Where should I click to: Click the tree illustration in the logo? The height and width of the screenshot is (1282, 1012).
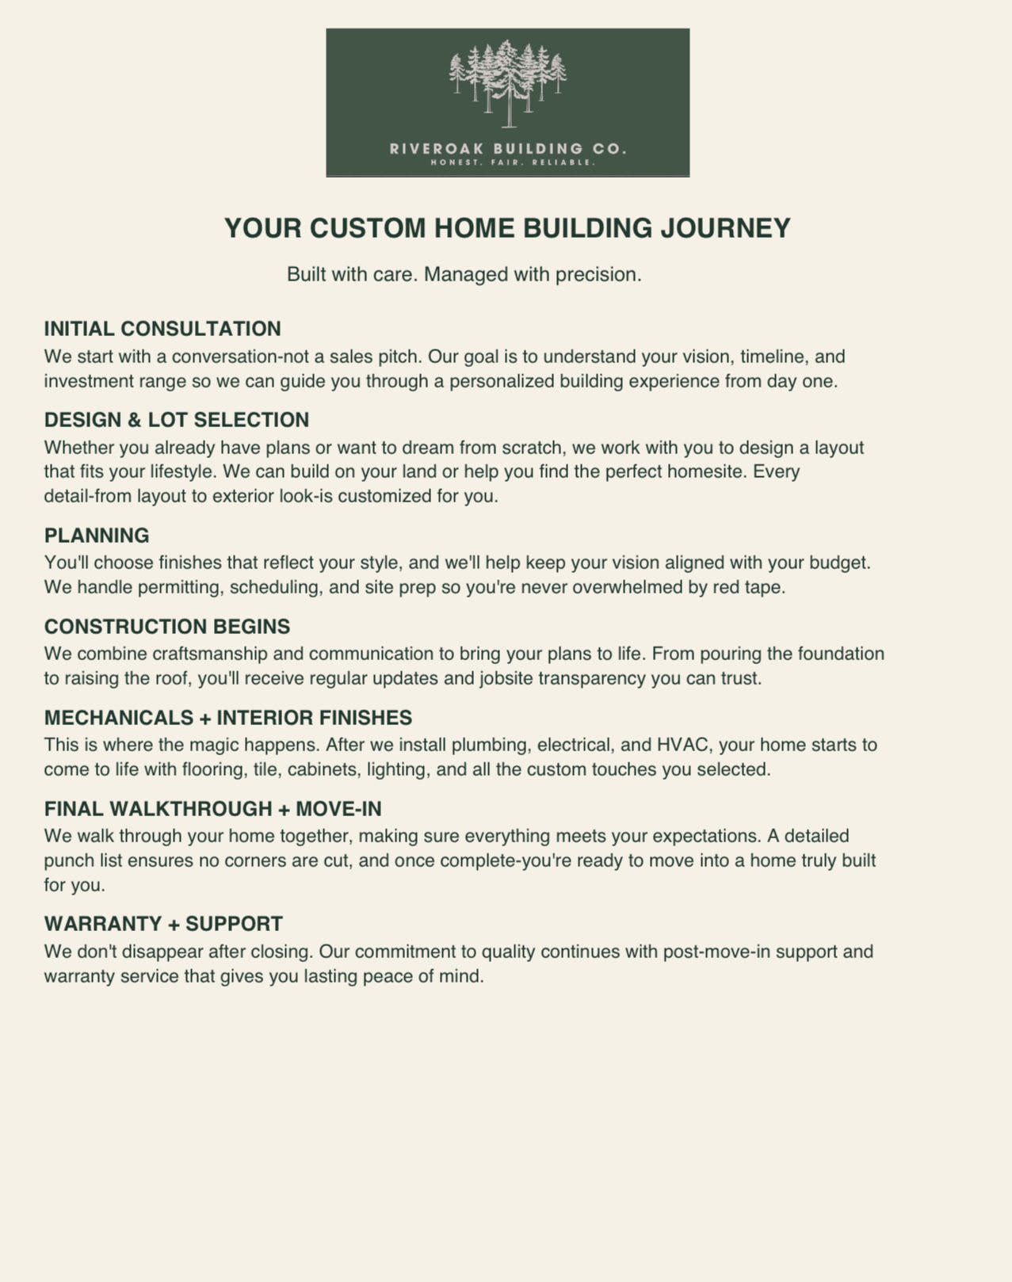pyautogui.click(x=508, y=83)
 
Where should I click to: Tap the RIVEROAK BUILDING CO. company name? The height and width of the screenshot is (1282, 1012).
pyautogui.click(x=508, y=148)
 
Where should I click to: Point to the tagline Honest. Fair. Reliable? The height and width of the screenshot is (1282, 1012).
pyautogui.click(x=512, y=162)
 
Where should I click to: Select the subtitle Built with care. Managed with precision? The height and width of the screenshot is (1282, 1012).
pyautogui.click(x=464, y=274)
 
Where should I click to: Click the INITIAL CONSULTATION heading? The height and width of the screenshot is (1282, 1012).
pyautogui.click(x=162, y=329)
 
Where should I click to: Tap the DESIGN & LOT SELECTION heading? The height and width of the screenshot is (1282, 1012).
pyautogui.click(x=177, y=420)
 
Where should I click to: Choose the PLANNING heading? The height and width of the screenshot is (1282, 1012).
pyautogui.click(x=97, y=536)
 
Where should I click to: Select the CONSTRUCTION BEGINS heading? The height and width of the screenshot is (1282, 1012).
pyautogui.click(x=167, y=627)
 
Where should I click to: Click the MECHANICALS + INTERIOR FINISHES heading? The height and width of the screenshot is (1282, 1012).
pyautogui.click(x=228, y=718)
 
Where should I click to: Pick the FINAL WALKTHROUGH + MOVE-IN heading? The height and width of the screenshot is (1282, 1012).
pyautogui.click(x=213, y=809)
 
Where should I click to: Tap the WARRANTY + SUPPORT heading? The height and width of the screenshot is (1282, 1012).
pyautogui.click(x=163, y=924)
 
